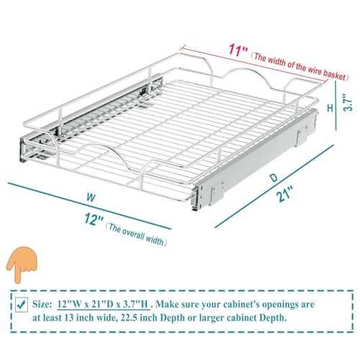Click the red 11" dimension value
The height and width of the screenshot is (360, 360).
point(238,50)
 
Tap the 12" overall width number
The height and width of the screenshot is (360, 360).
point(94,219)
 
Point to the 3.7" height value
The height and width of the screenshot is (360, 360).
point(348,104)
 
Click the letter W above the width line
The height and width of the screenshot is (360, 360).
point(91,198)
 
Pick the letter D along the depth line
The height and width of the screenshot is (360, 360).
point(274,178)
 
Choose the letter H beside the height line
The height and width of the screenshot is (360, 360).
point(330,108)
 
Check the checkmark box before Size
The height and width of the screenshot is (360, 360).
point(22,305)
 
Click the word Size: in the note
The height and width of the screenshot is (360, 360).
point(42,305)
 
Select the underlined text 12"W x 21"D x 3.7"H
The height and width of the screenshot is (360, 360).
point(103,305)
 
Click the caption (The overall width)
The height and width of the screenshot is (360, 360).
point(136,235)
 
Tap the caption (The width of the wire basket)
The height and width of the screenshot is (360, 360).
point(300,67)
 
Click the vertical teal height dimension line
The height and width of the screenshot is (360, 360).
point(336,105)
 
